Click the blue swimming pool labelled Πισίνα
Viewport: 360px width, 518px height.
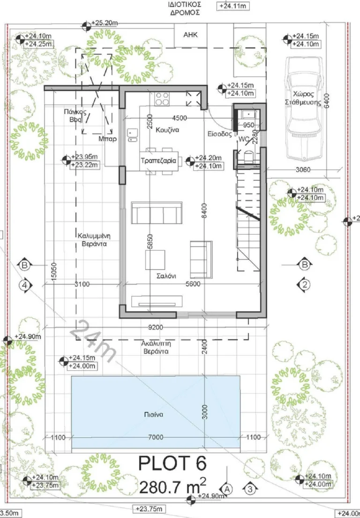coord(156,412)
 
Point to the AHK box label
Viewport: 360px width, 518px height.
coord(190,34)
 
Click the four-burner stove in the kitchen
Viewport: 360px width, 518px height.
coord(162,99)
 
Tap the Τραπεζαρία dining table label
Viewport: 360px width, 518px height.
coord(158,161)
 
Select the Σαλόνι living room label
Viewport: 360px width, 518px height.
coord(166,276)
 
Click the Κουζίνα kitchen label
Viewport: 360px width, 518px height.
coord(167,130)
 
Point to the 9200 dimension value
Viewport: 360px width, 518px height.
coord(156,328)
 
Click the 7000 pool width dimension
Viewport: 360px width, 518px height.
coord(156,437)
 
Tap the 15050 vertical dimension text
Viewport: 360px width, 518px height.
coord(54,272)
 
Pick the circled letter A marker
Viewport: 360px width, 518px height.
coord(227,489)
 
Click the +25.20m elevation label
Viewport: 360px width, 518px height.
coord(104,23)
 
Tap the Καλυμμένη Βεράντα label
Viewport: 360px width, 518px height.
coord(94,240)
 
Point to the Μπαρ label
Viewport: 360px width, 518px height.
coord(107,139)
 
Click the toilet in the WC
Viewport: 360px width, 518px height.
coord(248,156)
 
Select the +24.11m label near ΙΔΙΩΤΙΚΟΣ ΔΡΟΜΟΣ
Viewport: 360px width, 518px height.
coord(233,6)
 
